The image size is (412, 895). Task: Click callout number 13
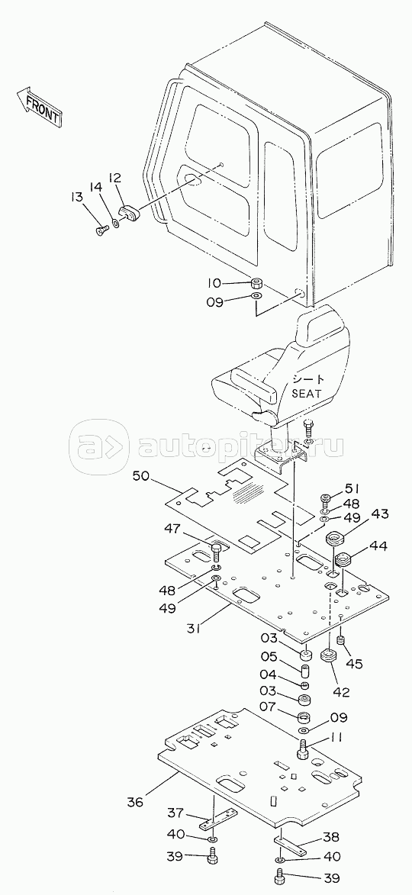tap(76, 198)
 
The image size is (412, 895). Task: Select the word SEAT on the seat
tap(307, 393)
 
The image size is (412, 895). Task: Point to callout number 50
tap(142, 475)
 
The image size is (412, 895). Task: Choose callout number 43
tap(378, 513)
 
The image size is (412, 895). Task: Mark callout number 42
tap(341, 692)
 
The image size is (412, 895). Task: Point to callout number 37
tap(176, 812)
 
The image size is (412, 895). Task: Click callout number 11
tap(336, 738)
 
